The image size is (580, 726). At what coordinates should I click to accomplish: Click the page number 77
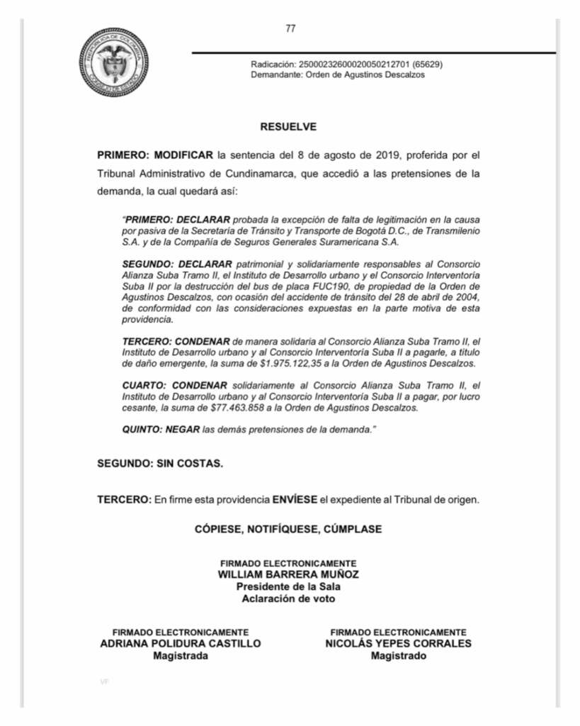pyautogui.click(x=290, y=29)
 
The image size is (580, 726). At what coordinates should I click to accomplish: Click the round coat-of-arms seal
pyautogui.click(x=114, y=62)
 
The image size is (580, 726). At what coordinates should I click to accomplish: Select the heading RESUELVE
pyautogui.click(x=288, y=128)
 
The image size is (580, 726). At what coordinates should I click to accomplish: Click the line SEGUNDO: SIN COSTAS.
pyautogui.click(x=160, y=464)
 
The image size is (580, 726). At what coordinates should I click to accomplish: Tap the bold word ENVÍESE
pyautogui.click(x=295, y=499)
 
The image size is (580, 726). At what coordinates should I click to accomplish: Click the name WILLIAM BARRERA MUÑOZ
pyautogui.click(x=288, y=574)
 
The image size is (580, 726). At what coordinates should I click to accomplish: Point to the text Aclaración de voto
pyautogui.click(x=288, y=598)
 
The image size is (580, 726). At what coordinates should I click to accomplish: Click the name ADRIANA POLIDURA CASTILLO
pyautogui.click(x=181, y=644)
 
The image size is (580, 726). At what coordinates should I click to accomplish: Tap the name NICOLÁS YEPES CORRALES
pyautogui.click(x=398, y=644)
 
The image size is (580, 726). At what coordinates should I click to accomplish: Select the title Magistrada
pyautogui.click(x=181, y=656)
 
